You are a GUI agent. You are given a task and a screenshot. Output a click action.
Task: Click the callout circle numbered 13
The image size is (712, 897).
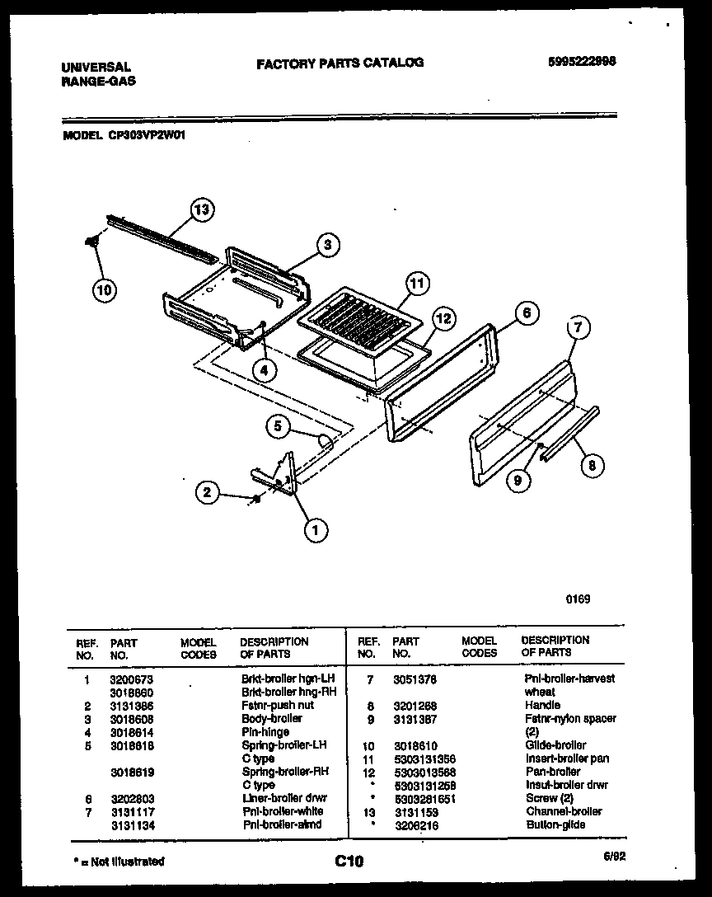coord(201,209)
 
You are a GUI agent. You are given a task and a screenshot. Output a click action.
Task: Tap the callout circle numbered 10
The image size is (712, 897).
coord(105,289)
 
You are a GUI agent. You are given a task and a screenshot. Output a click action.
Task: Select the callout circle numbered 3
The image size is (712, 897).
coord(327,244)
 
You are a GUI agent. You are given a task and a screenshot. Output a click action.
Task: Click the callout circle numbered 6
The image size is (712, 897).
coord(527,312)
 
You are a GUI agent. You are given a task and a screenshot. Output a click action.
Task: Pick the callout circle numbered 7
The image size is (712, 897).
coord(578,327)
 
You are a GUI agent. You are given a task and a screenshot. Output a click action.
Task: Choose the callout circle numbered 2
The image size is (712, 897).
coord(208,493)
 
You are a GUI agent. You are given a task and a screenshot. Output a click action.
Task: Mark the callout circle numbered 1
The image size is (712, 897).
coord(314,531)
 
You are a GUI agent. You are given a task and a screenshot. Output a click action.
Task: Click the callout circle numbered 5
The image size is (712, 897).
coord(279,426)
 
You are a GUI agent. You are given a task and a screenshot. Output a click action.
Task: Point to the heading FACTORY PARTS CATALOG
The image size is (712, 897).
coord(340,63)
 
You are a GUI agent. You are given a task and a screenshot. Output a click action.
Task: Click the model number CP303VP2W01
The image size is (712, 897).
coord(147,138)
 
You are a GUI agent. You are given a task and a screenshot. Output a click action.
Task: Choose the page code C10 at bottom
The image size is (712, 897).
coord(349,862)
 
